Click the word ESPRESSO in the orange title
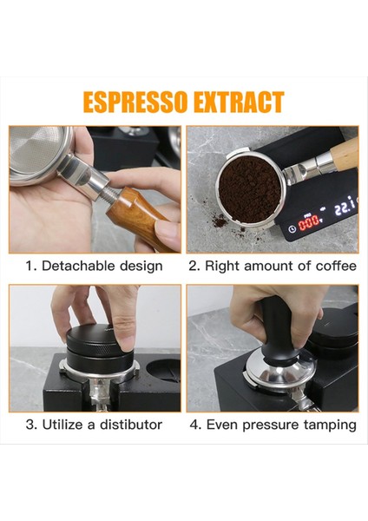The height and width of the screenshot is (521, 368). pos(136,102)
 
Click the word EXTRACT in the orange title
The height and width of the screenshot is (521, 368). pos(239,102)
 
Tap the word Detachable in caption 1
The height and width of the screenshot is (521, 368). pos(79,266)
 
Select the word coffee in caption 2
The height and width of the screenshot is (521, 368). pos(336,266)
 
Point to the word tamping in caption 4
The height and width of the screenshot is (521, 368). pos(330,425)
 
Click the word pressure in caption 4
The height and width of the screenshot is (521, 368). pos(270,425)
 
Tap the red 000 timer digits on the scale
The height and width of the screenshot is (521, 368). pos(309,224)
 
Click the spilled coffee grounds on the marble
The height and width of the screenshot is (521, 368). pos(220,221)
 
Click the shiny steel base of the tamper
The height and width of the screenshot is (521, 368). pos(279,370)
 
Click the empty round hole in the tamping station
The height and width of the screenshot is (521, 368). pos(163,370)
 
